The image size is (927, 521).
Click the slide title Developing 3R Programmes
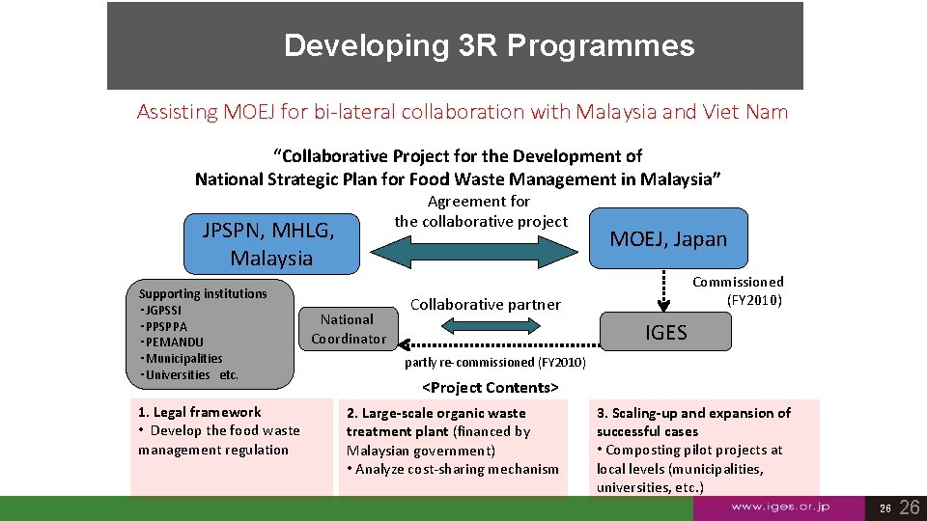tap(489, 45)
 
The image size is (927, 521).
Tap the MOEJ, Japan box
tap(667, 239)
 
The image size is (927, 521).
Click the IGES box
tap(666, 333)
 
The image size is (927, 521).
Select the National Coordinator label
tap(348, 329)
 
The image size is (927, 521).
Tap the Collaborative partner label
tap(485, 305)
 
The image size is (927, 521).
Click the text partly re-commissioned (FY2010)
tap(495, 362)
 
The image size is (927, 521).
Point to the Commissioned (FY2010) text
tap(738, 290)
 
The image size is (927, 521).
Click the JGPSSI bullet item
tap(163, 310)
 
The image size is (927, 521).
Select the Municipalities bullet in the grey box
tap(183, 359)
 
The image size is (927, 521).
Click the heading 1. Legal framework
tap(200, 412)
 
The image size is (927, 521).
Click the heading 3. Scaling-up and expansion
tap(693, 413)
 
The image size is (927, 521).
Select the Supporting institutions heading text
tap(203, 293)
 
